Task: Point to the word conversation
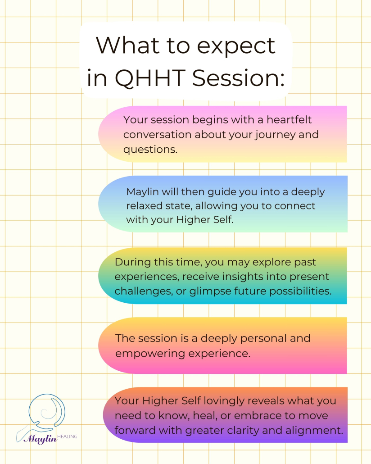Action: pyautogui.click(x=158, y=134)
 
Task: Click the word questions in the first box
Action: pyautogui.click(x=150, y=149)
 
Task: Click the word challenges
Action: pyautogui.click(x=143, y=291)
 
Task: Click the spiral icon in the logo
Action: pyautogui.click(x=45, y=412)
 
